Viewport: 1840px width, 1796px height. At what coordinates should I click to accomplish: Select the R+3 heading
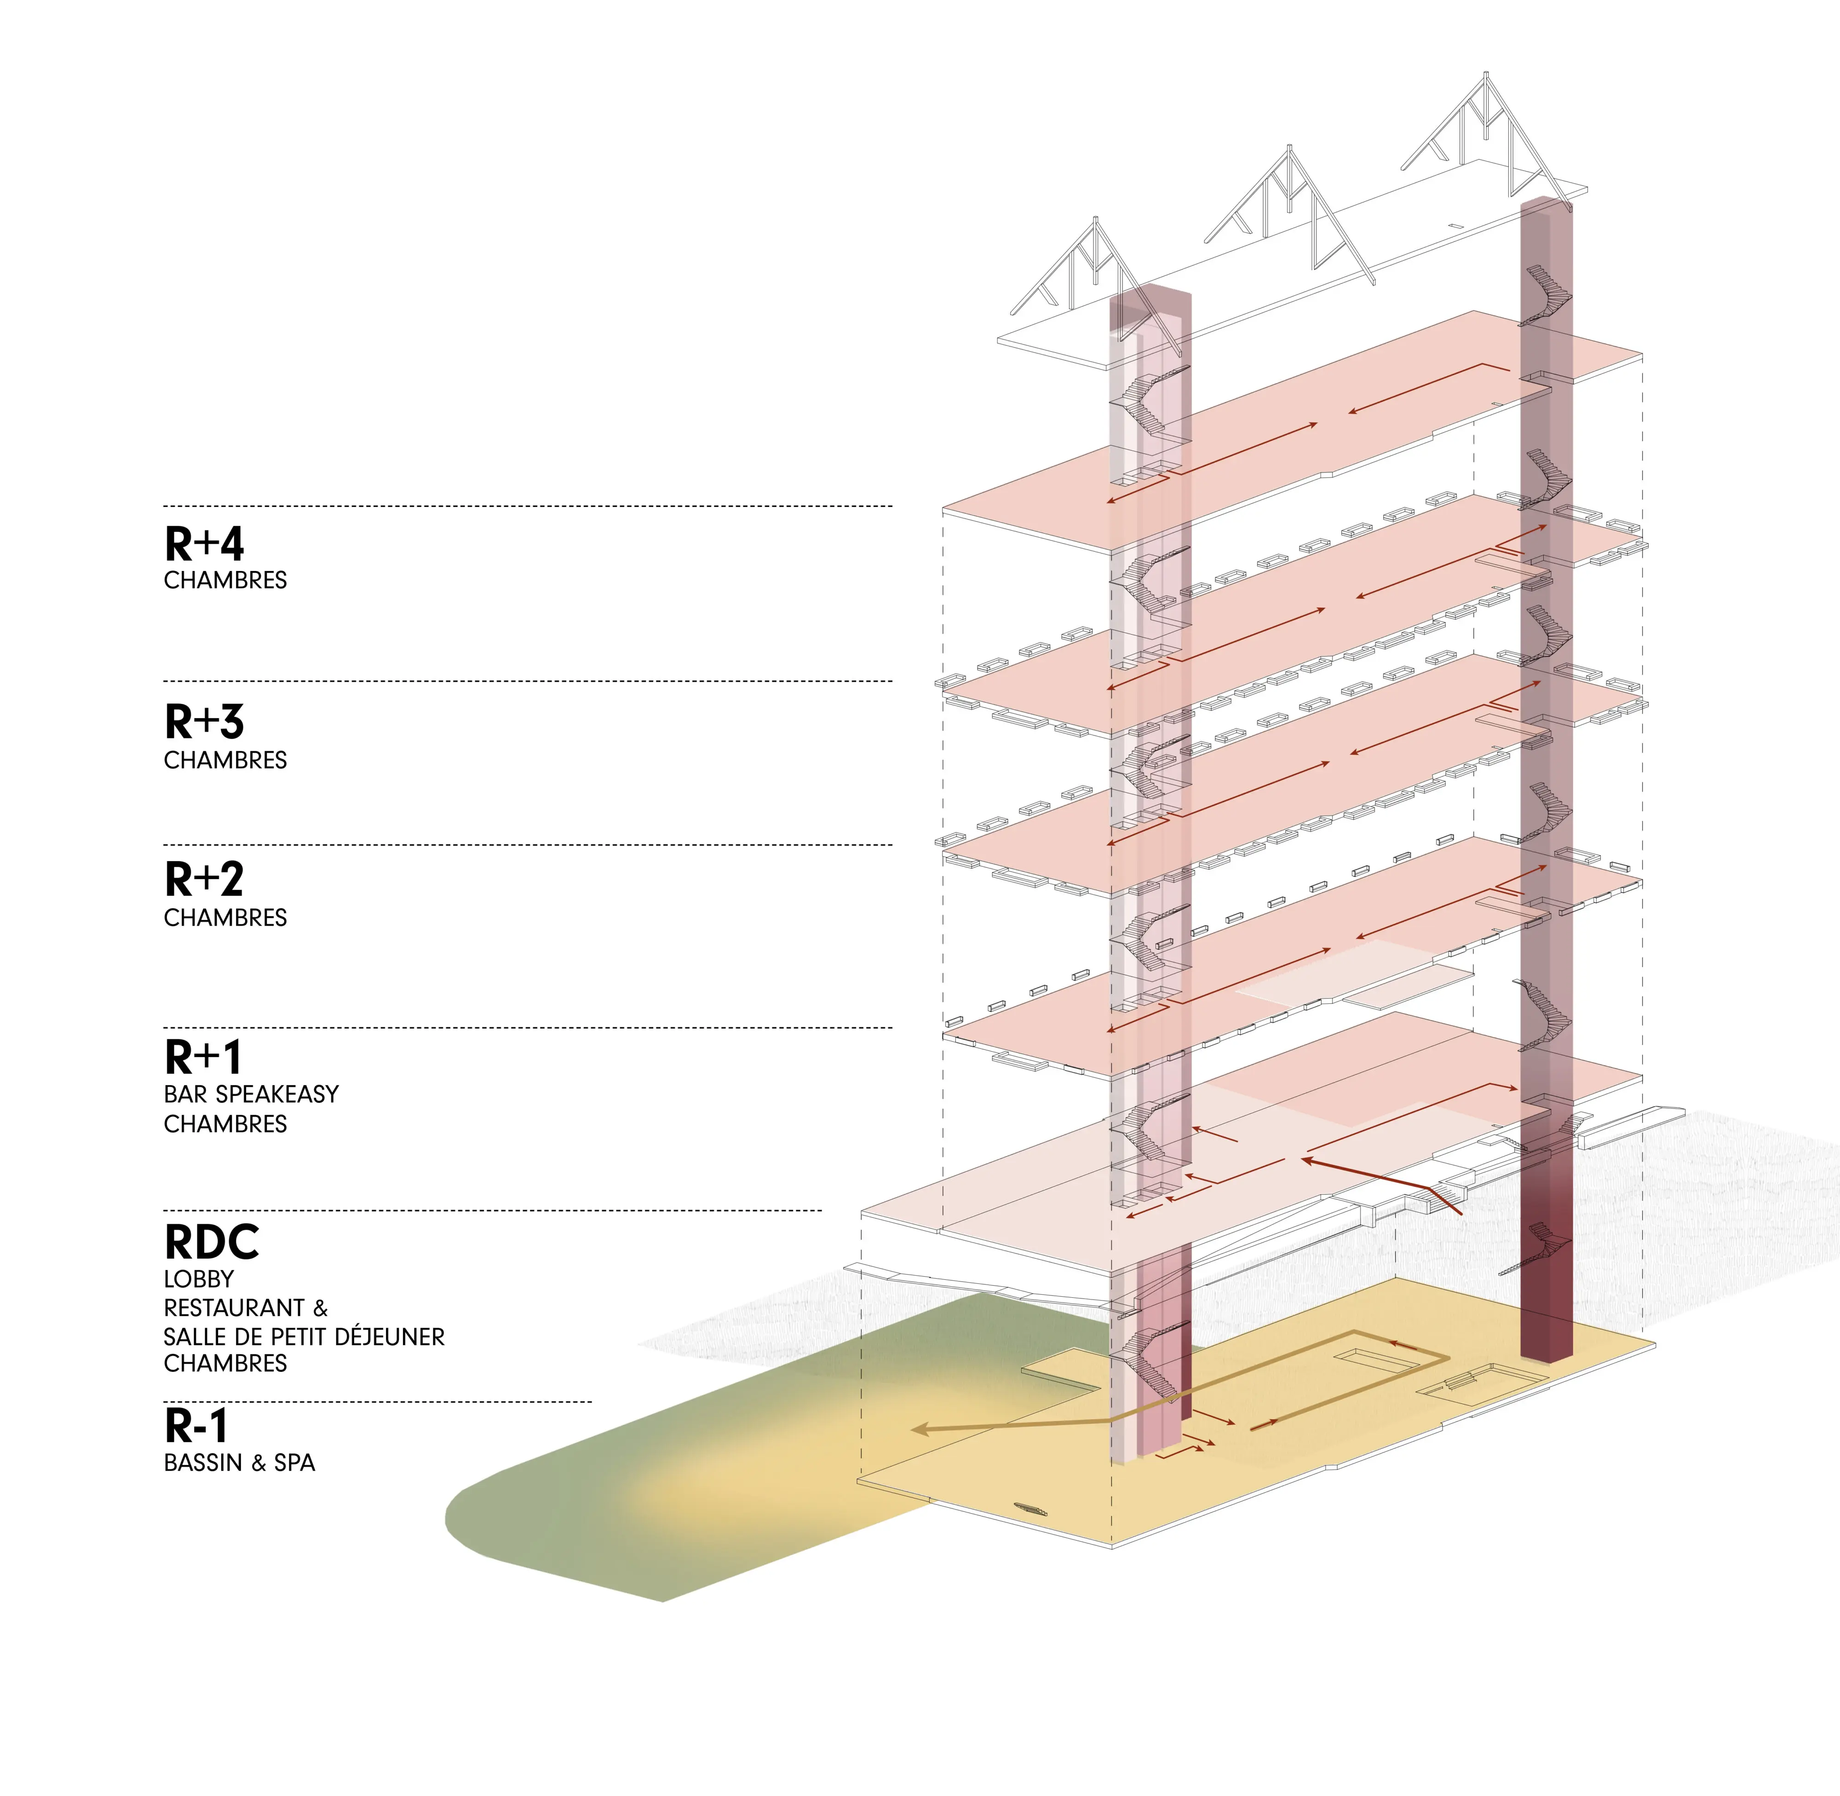204,722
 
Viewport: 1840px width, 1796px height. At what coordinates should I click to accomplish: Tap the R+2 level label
204,879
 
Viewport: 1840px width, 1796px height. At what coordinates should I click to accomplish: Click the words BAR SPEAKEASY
251,1094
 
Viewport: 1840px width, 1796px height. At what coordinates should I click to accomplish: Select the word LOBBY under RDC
199,1279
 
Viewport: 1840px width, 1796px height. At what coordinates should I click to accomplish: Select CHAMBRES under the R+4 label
225,580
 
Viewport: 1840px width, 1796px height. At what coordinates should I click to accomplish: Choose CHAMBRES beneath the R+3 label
225,760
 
